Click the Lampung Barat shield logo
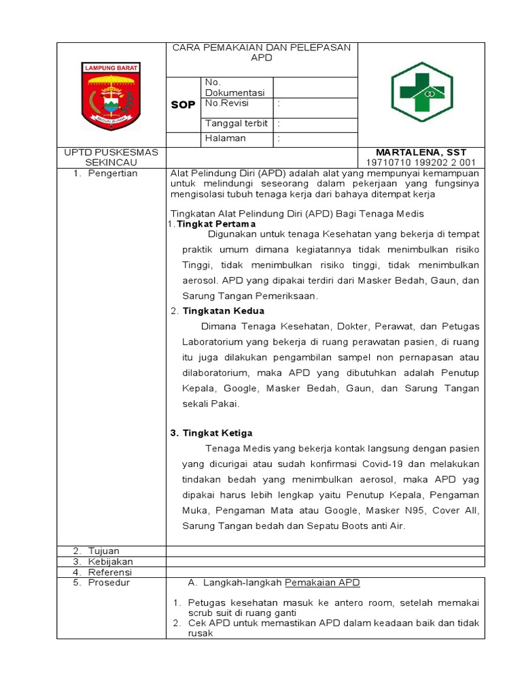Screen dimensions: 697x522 pyautogui.click(x=111, y=95)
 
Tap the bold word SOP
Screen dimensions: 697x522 pyautogui.click(x=182, y=106)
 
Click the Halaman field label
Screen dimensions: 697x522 pyautogui.click(x=225, y=138)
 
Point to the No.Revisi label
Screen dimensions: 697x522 pyautogui.click(x=227, y=103)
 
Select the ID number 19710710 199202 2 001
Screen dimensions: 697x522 pyautogui.click(x=421, y=162)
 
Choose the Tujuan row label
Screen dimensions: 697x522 pyautogui.click(x=103, y=551)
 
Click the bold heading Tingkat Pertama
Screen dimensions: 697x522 pyautogui.click(x=216, y=223)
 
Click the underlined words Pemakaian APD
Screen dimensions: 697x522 pyautogui.click(x=321, y=583)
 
